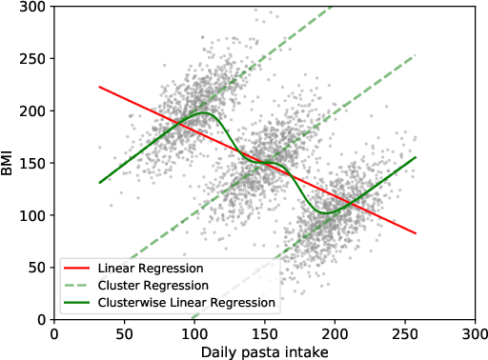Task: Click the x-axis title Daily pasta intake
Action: coord(264,351)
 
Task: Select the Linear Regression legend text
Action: coord(142,268)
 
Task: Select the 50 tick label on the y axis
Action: coord(38,268)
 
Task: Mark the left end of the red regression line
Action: coord(99,87)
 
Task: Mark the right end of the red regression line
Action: coord(417,233)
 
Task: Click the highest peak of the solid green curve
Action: coord(202,112)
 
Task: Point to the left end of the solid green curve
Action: coord(99,183)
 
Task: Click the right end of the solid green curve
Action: coord(417,157)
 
